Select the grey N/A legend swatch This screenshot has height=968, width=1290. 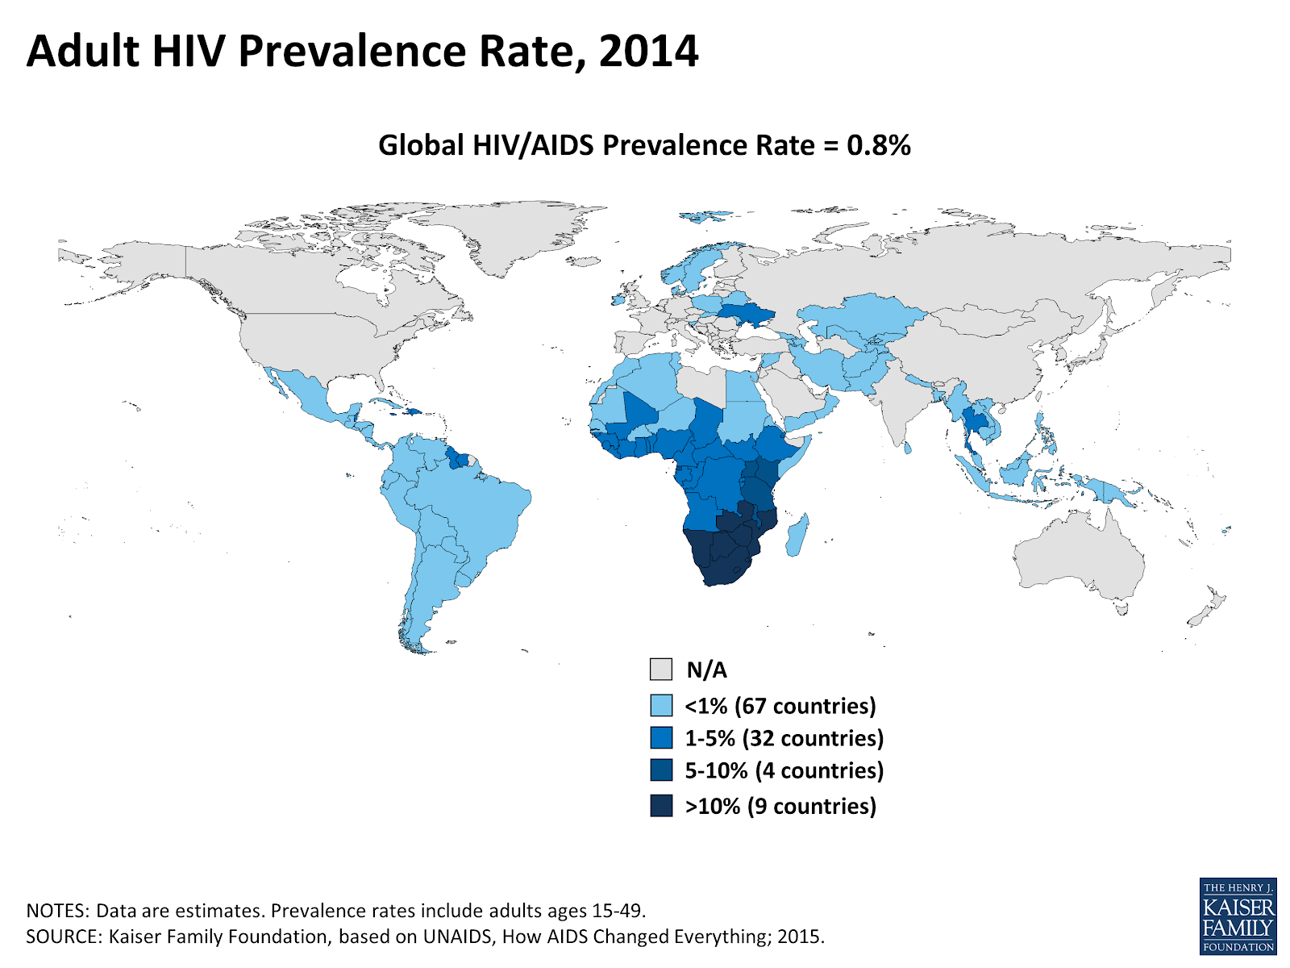click(661, 670)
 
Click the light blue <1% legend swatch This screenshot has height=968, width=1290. click(661, 706)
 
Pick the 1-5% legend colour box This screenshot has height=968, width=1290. click(661, 738)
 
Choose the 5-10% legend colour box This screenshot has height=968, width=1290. click(661, 770)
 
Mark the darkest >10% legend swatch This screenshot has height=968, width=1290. click(661, 806)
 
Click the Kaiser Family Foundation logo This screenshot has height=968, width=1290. click(1238, 916)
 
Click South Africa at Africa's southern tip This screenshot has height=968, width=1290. click(726, 569)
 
